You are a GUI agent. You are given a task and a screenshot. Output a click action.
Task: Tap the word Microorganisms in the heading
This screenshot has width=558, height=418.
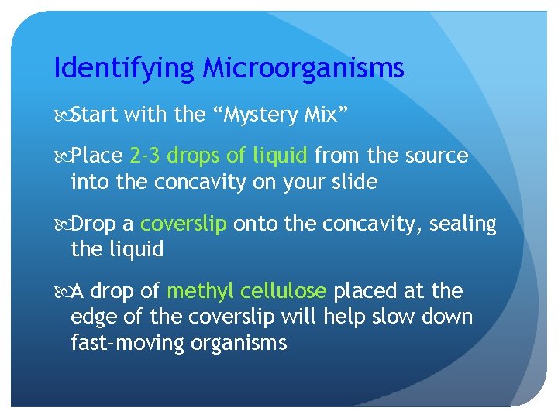point(304,69)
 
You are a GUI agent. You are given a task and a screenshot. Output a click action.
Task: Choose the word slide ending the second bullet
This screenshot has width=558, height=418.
point(352,183)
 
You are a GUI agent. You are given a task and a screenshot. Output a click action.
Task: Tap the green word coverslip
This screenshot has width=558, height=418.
point(184,224)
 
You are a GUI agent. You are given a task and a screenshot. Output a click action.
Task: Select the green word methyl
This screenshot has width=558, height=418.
point(198,291)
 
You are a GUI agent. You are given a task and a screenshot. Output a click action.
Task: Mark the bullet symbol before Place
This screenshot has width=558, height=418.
point(61,156)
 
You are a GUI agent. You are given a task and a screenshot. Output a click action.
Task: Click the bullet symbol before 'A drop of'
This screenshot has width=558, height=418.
point(61,292)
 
